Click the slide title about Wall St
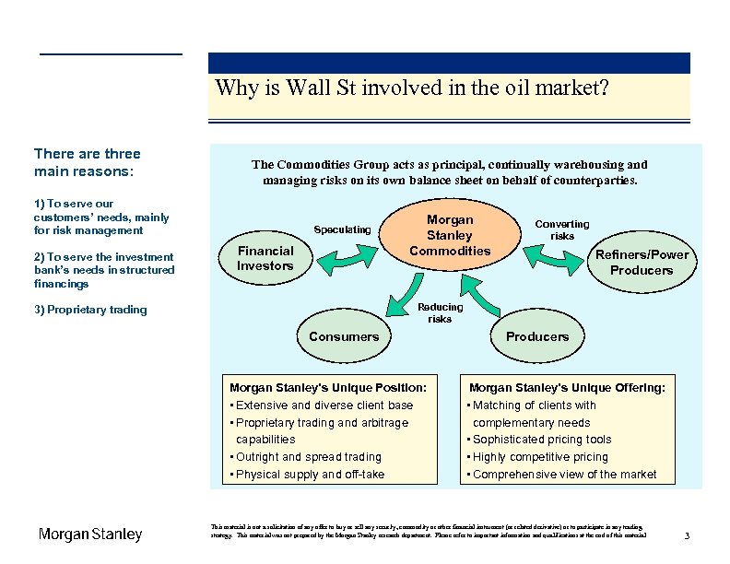pos(411,88)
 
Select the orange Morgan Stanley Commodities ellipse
pos(450,235)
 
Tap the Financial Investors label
pos(265,258)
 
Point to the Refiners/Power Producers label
pos(642,263)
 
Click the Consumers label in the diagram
pos(344,336)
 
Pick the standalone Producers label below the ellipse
pos(537,336)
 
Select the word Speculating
pos(342,229)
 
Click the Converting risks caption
pos(562,229)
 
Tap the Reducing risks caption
pos(440,313)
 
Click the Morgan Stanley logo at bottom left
pos(90,535)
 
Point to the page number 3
pos(687,536)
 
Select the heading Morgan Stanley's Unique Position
pos(327,388)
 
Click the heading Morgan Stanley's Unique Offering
pos(567,388)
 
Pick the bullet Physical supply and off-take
pos(309,475)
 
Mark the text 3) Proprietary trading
pos(90,310)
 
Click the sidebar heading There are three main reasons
pos(87,162)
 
